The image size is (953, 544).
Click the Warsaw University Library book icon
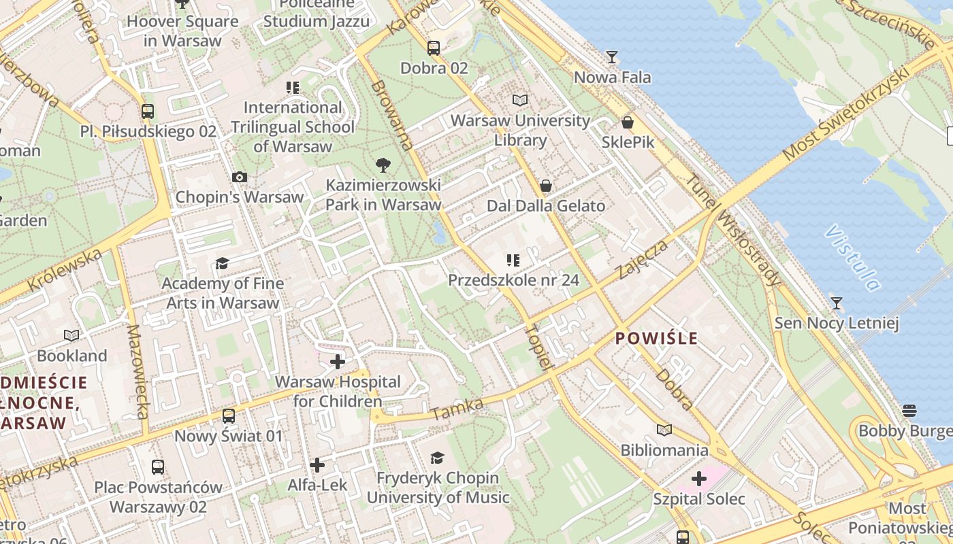tap(520, 101)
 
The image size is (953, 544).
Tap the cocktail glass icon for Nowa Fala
tap(612, 57)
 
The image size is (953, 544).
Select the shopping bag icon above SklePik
tap(628, 122)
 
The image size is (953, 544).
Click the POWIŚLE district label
tap(657, 338)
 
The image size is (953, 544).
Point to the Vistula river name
tap(852, 258)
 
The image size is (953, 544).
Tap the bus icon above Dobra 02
tap(434, 48)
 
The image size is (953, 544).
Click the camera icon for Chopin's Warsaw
tap(239, 177)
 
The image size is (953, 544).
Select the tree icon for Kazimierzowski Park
tap(383, 165)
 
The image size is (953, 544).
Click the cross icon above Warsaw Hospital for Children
tap(338, 362)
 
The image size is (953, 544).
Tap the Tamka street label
tap(457, 409)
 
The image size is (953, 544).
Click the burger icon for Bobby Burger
tap(909, 411)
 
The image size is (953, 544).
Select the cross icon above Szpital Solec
tap(699, 479)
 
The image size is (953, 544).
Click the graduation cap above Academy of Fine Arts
tap(222, 263)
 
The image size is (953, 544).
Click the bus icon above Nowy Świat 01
tap(229, 415)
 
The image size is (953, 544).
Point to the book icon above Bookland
tap(71, 335)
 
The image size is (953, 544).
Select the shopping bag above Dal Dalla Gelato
tap(545, 186)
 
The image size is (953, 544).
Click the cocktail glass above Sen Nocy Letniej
tap(837, 303)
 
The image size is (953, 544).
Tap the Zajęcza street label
tap(643, 258)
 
